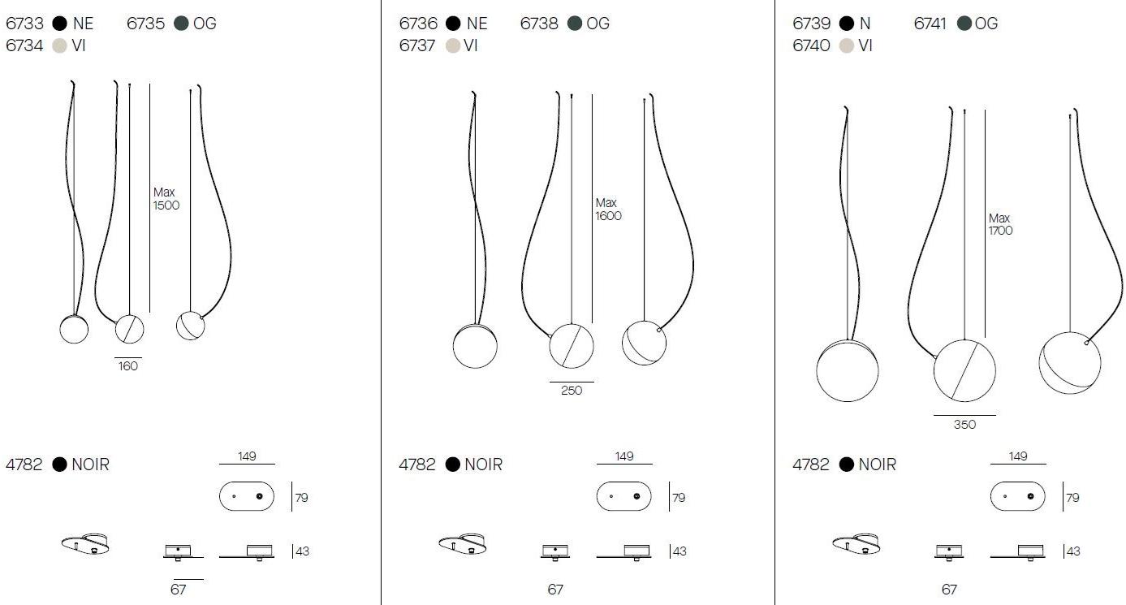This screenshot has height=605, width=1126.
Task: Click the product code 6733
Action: click(24, 23)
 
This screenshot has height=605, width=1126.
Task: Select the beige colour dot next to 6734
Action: click(59, 45)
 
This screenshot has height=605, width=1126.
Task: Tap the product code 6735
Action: click(146, 23)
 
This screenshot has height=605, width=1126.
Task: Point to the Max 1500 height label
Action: click(166, 199)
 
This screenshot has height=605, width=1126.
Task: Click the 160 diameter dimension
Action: click(128, 366)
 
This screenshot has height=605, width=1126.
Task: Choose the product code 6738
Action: click(539, 23)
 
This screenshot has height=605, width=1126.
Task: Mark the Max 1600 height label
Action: click(608, 210)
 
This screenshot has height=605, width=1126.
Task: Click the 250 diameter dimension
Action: click(572, 391)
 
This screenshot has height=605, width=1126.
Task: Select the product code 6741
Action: click(930, 23)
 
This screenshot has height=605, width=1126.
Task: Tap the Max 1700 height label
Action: click(1000, 224)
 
